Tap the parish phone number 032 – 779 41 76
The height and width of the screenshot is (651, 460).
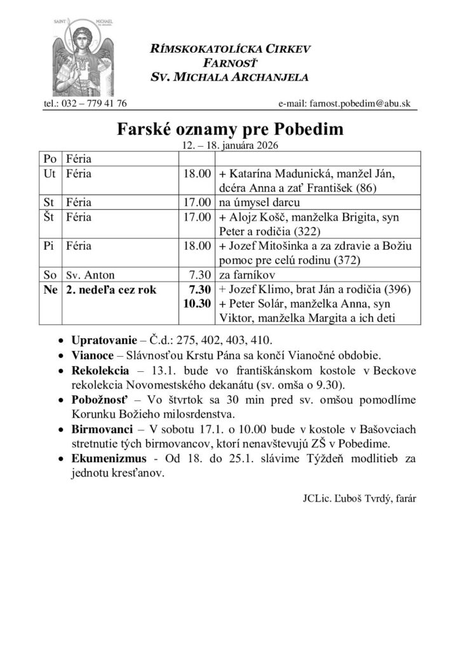point(85,103)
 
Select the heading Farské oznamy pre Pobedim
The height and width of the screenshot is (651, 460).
point(230,130)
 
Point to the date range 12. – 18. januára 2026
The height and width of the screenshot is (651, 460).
point(230,146)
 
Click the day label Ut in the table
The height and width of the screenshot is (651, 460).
point(48,173)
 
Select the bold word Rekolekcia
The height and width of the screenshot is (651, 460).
point(100,371)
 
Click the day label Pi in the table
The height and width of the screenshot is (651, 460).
point(48,247)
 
